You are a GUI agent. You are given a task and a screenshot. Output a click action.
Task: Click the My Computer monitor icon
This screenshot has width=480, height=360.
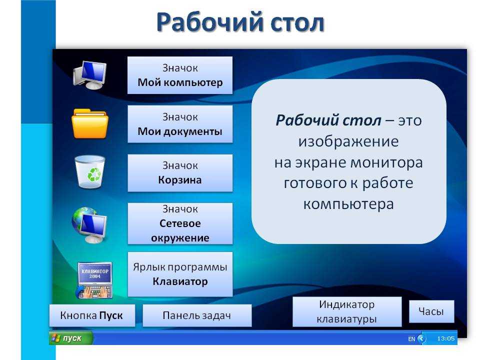(x=89, y=75)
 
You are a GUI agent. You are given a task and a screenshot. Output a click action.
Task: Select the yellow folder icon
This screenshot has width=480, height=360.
(x=89, y=123)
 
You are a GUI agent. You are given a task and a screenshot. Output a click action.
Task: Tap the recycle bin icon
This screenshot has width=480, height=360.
(x=90, y=171)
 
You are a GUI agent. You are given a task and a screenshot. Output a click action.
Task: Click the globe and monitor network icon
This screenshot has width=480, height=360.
(x=89, y=225)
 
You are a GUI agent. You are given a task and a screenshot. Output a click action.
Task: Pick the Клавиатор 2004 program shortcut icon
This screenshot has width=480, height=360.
(x=94, y=280)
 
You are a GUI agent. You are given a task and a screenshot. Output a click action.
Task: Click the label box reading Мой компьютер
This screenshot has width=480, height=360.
(x=180, y=75)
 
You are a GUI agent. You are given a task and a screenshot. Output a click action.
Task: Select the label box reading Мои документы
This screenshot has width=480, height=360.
(x=180, y=124)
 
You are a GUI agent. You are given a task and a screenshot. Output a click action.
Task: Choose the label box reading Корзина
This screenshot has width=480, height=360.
(x=180, y=173)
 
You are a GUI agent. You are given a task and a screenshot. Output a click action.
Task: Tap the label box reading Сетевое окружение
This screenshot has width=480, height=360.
(x=180, y=223)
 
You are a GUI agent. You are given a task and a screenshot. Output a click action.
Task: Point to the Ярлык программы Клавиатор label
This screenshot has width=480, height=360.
(x=180, y=274)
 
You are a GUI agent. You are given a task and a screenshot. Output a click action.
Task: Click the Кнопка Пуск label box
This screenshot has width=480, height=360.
(x=92, y=315)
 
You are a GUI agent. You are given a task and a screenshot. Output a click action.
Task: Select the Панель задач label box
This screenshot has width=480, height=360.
(x=197, y=315)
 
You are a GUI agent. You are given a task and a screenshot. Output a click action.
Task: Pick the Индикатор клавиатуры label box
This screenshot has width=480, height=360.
(x=347, y=311)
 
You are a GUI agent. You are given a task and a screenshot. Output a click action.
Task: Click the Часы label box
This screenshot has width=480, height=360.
(x=431, y=311)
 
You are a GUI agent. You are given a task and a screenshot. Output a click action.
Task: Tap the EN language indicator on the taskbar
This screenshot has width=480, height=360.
(x=411, y=339)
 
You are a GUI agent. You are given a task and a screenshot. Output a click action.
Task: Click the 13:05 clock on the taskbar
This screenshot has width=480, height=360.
(x=445, y=338)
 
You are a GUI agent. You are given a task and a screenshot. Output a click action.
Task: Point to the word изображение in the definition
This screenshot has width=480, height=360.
(x=348, y=141)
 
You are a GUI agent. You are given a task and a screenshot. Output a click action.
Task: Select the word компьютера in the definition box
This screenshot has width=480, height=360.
(x=348, y=204)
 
